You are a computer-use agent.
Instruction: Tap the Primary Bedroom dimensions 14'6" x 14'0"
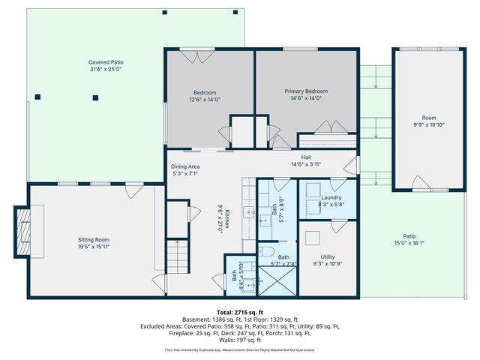(x=306, y=98)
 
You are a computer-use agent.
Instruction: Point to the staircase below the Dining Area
(x=177, y=258)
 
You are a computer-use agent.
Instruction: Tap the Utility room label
(x=327, y=256)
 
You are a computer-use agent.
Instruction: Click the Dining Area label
(x=184, y=166)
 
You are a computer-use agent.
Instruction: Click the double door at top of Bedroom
(x=189, y=55)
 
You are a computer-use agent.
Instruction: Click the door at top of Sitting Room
(x=132, y=191)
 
